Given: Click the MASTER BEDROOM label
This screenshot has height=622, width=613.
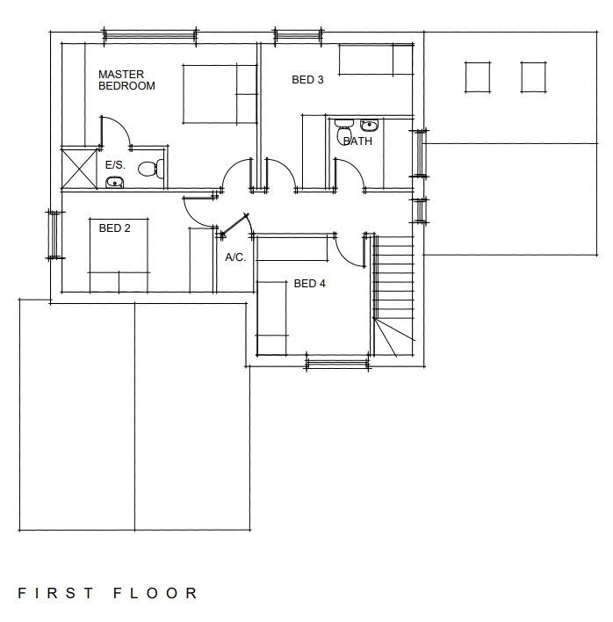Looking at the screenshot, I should [126, 80].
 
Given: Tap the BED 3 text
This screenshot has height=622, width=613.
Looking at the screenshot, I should [307, 80].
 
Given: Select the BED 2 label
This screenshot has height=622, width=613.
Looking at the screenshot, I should [115, 228].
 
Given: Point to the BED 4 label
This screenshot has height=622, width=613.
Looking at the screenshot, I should [310, 284].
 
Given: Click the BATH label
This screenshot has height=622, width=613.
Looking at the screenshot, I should [357, 141].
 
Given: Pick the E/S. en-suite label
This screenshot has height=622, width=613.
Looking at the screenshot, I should [115, 164].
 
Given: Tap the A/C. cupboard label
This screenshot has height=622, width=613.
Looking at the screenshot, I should [235, 257].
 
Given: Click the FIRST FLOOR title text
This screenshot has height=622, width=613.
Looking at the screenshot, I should [108, 593].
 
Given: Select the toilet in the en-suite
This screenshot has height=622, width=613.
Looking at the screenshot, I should [154, 169].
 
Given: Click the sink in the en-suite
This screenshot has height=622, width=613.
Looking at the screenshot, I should [114, 183].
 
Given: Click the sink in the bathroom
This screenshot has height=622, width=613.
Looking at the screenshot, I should [369, 125].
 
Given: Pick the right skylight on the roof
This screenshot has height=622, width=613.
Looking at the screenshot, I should [534, 77].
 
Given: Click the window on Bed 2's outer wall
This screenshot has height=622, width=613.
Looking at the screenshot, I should [53, 235].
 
